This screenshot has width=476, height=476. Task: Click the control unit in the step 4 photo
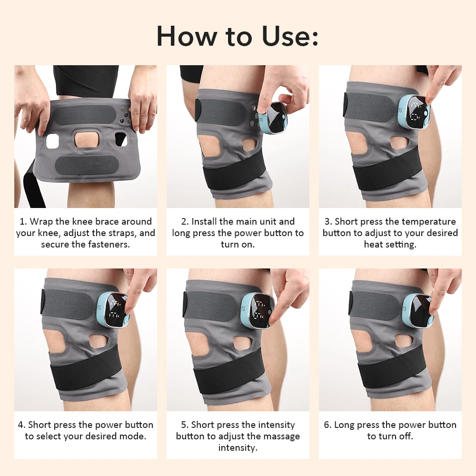click(x=113, y=309)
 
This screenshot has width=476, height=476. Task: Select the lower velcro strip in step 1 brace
click(x=85, y=165)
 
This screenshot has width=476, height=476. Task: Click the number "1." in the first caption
click(x=23, y=222)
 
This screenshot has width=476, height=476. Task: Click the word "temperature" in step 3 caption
click(x=428, y=222)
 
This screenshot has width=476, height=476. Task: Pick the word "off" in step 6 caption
click(x=406, y=436)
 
